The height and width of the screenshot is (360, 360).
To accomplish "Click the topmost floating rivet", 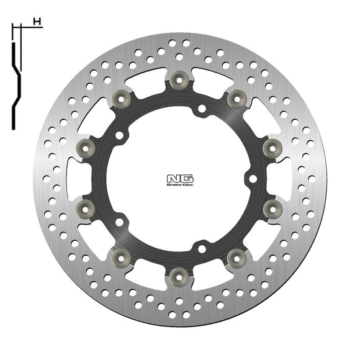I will click(179, 78).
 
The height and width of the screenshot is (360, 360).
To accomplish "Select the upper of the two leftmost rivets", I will click(86, 146).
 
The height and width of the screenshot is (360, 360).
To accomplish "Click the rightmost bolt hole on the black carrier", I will click(252, 179).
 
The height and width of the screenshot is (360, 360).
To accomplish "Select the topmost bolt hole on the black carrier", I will click(201, 109).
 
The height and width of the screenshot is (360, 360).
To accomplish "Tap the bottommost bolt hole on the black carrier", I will click(201, 249).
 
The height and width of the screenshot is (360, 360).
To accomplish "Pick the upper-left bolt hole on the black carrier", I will click(119, 135).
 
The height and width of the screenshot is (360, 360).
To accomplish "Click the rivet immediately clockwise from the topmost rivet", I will click(236, 97).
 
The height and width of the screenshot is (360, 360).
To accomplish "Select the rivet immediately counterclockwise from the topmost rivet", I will click(122, 97).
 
